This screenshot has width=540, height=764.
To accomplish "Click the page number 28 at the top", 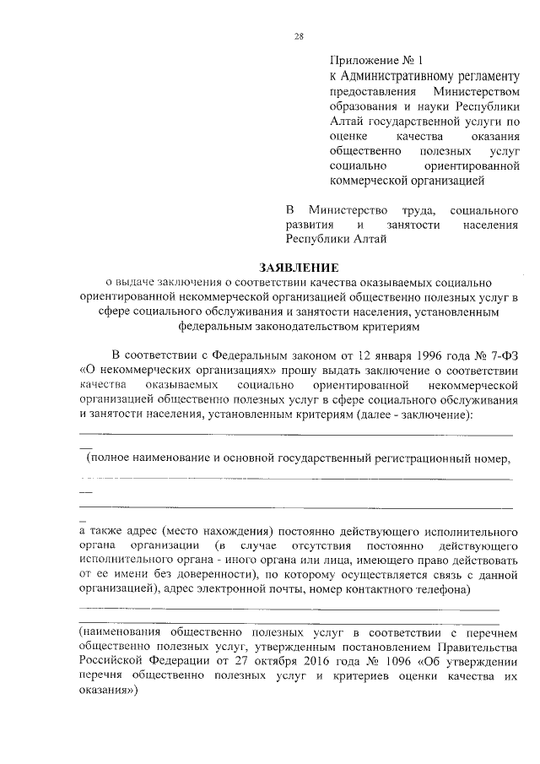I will (x=299, y=35).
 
